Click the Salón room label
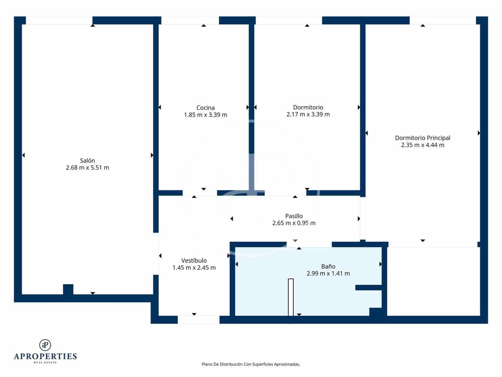pyautogui.click(x=87, y=160)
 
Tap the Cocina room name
pyautogui.click(x=205, y=108)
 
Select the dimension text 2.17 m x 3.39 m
pyautogui.click(x=308, y=115)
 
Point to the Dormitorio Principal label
pyautogui.click(x=422, y=138)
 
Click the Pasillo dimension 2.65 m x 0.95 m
pyautogui.click(x=294, y=223)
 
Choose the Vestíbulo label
pyautogui.click(x=194, y=261)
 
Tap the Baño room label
pyautogui.click(x=328, y=266)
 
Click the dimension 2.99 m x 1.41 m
pyautogui.click(x=328, y=274)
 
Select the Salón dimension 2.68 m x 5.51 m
pyautogui.click(x=87, y=168)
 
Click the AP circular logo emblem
pyautogui.click(x=45, y=345)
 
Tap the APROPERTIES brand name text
pyautogui.click(x=45, y=356)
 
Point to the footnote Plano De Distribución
pyautogui.click(x=251, y=364)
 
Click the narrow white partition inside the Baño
pyautogui.click(x=291, y=297)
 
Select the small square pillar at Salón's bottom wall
pyautogui.click(x=68, y=289)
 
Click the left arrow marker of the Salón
pyautogui.click(x=23, y=155)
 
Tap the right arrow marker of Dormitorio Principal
pyautogui.click(x=479, y=133)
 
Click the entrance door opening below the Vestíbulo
pyautogui.click(x=199, y=320)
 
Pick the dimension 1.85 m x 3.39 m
pyautogui.click(x=205, y=115)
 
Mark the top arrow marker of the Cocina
pyautogui.click(x=204, y=25)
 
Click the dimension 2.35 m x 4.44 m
pyautogui.click(x=422, y=145)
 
